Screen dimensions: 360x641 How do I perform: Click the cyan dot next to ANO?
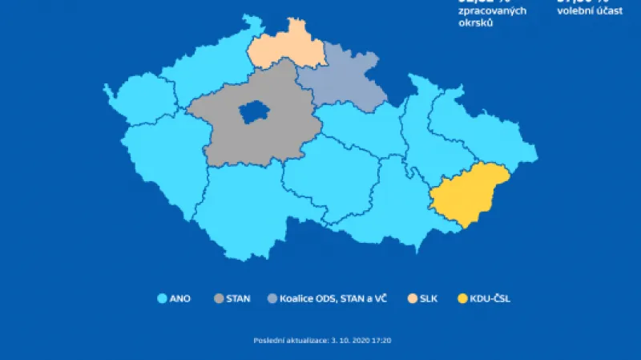point(161,299)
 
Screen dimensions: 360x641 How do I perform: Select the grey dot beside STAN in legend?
point(219,299)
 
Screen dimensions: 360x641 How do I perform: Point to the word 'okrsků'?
point(475,23)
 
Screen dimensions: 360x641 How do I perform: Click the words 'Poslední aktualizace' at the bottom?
point(285,341)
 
